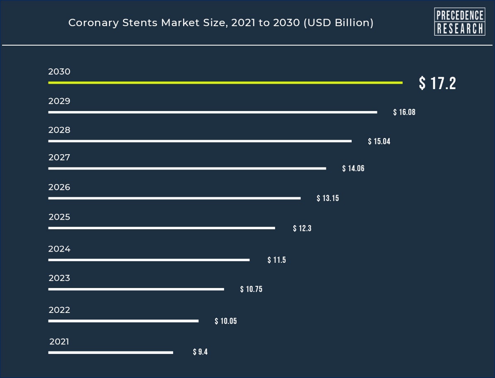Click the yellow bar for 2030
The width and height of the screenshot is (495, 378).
(225, 83)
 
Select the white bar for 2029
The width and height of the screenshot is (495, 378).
(212, 112)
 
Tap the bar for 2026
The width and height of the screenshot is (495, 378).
(174, 199)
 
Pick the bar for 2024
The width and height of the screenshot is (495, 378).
(149, 260)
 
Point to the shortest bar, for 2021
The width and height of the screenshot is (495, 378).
(111, 353)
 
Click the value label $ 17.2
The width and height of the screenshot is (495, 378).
(437, 83)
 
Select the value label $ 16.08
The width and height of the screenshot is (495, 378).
(404, 112)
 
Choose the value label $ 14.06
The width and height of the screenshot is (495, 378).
(353, 169)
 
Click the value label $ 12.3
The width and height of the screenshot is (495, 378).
(302, 228)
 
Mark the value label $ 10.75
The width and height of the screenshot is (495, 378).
(251, 289)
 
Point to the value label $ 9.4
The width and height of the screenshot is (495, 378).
(200, 352)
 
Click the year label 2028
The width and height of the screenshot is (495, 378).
(59, 130)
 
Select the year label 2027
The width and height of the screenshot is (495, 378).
(59, 157)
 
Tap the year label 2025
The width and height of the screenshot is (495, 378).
(59, 217)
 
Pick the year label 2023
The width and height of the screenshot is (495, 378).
(59, 278)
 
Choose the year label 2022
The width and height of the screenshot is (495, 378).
(59, 310)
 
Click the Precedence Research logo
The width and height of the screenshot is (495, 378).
(459, 22)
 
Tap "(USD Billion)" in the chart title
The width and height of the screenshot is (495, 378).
(338, 23)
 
